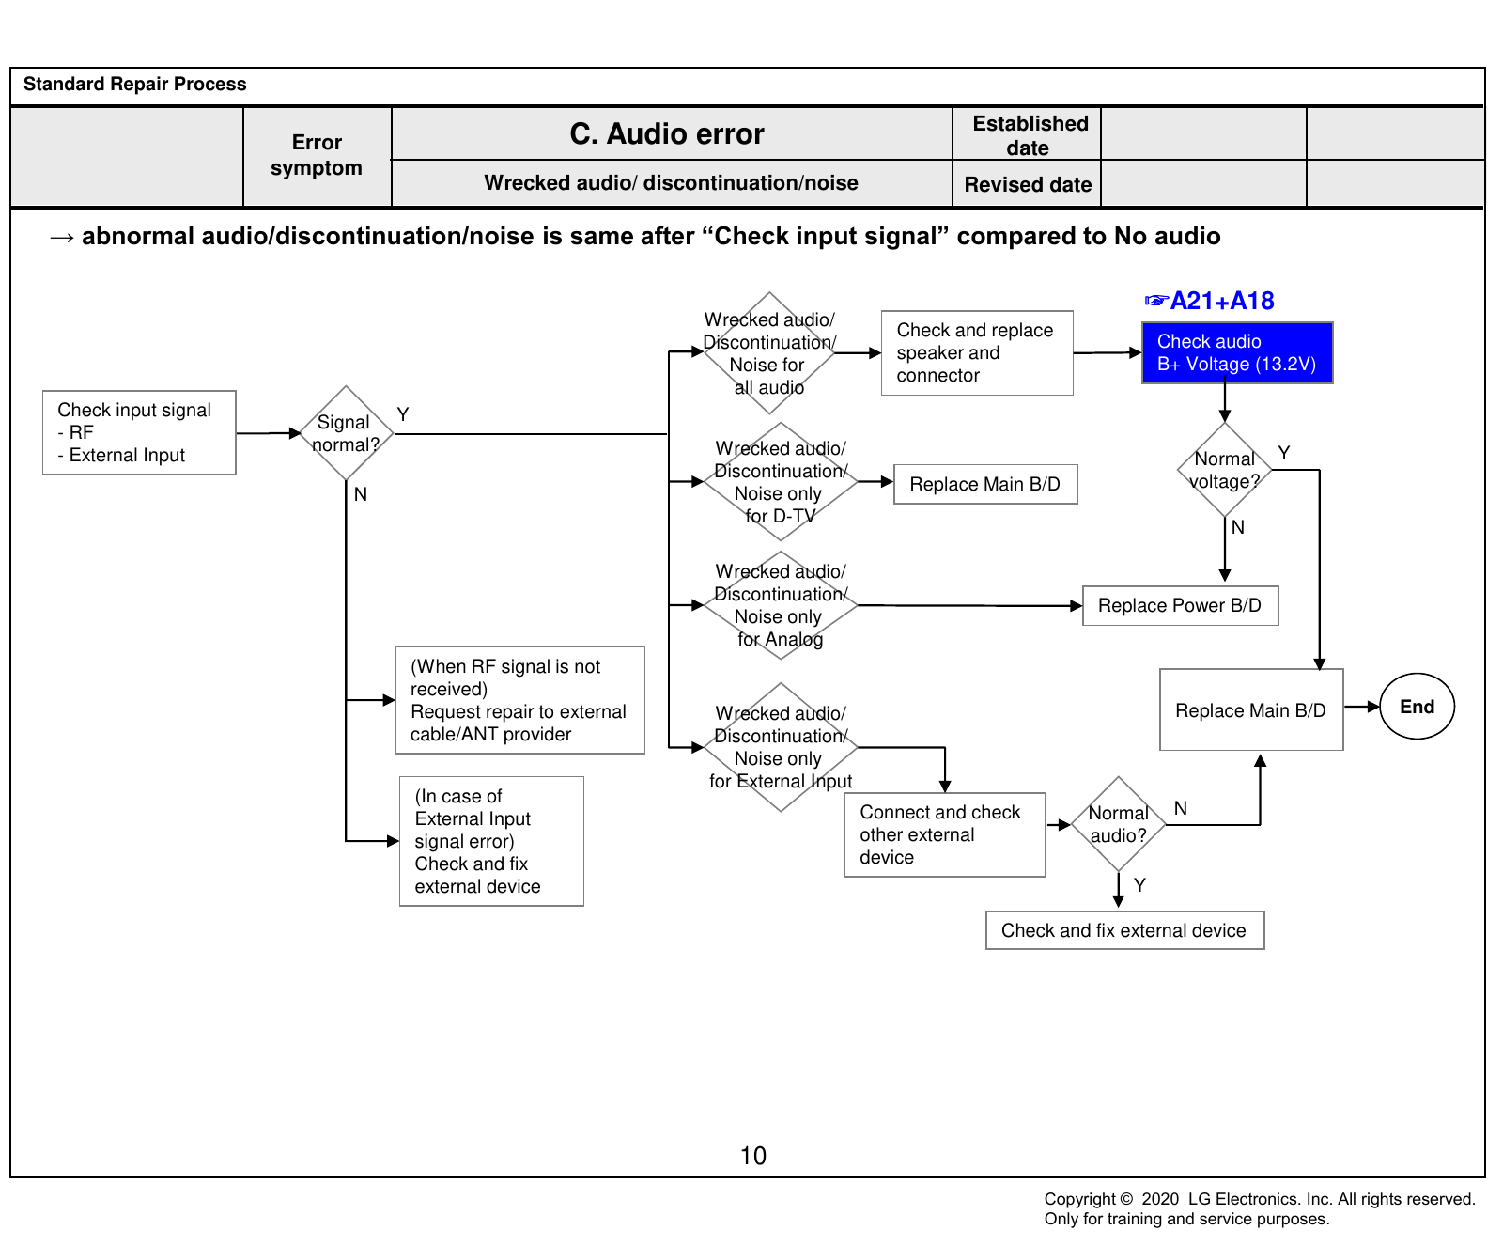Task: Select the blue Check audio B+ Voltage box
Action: pos(1237,352)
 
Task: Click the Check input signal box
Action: pos(139,432)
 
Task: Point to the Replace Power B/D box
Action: pos(1180,606)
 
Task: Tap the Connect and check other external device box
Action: pos(945,834)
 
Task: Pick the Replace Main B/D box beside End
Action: pos(1251,709)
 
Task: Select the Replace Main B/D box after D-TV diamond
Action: pos(985,484)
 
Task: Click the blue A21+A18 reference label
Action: pos(1210,301)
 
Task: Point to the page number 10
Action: pos(753,1156)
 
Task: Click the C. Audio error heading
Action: pos(667,134)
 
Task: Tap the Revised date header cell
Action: pos(1028,184)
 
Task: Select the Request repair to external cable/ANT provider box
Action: pos(519,700)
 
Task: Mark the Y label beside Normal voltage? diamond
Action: pos(1284,453)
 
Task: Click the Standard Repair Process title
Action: pos(135,84)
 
